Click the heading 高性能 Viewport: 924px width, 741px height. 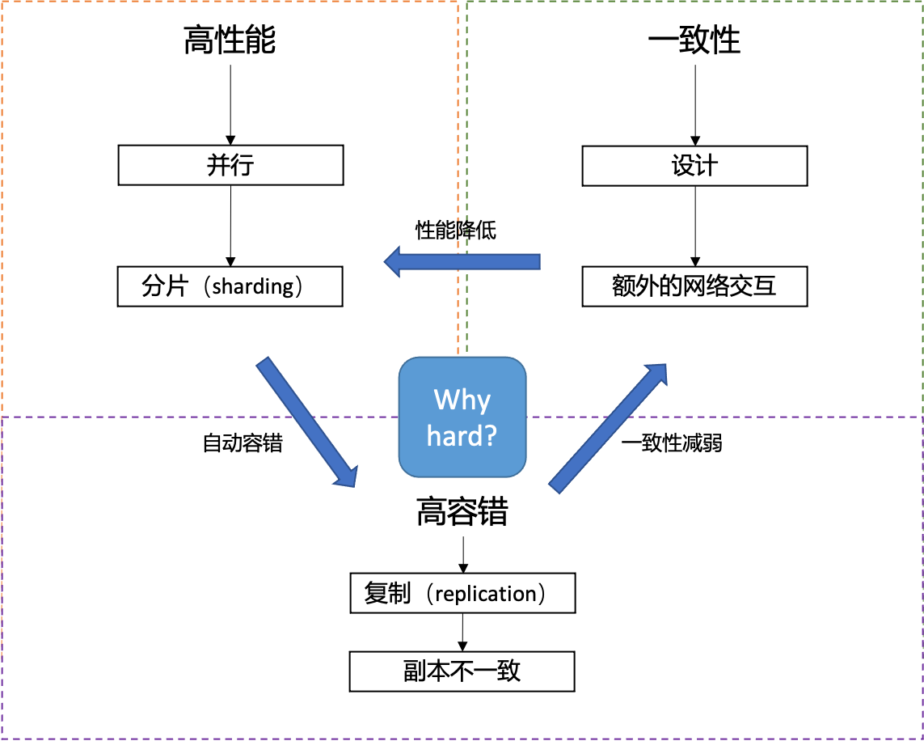click(230, 40)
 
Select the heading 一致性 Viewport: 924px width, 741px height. click(694, 40)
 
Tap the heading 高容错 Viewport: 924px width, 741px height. click(462, 511)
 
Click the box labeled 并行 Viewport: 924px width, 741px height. click(230, 165)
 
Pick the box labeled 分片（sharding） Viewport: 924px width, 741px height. click(230, 286)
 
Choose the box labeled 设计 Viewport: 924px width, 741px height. click(694, 165)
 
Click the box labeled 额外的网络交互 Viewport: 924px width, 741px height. click(694, 286)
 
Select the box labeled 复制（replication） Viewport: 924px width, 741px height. click(462, 594)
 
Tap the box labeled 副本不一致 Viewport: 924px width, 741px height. click(462, 671)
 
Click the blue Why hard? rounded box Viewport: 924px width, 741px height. click(462, 417)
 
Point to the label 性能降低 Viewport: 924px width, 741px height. click(456, 230)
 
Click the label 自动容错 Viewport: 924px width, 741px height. click(243, 443)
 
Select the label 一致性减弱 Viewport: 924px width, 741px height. click(672, 443)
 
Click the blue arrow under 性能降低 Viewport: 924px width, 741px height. click(462, 261)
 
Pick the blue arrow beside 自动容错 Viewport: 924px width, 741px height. click(307, 421)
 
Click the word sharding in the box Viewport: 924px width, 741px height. click(253, 287)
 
